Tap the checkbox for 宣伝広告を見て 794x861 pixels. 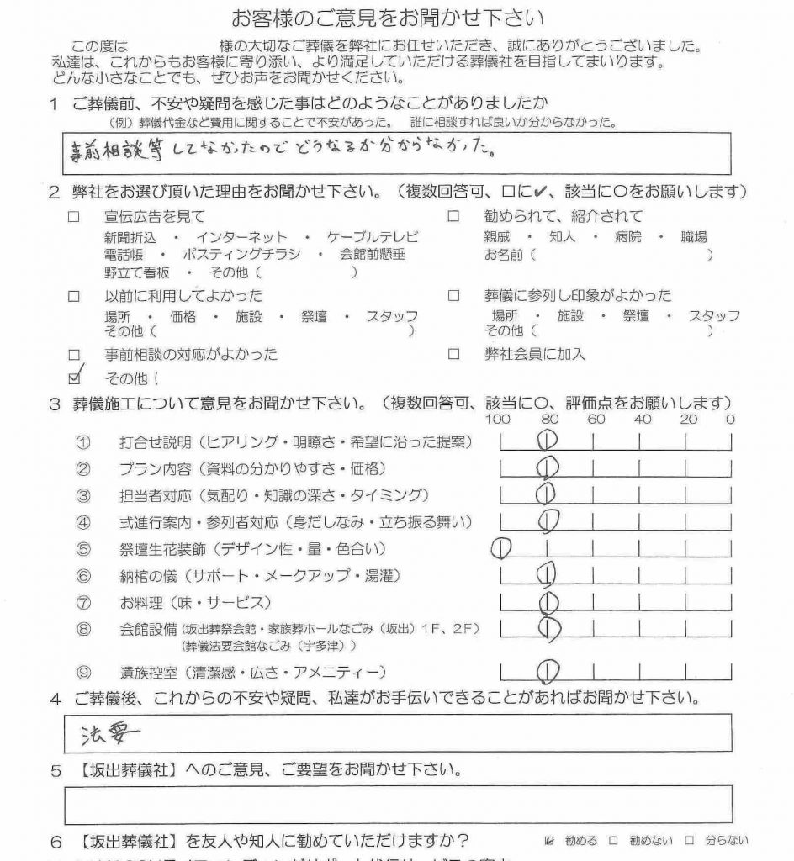(74, 217)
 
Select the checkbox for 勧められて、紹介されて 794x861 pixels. (453, 217)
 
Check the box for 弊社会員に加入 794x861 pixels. (453, 355)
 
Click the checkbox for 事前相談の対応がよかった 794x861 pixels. (74, 355)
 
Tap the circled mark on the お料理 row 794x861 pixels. (548, 602)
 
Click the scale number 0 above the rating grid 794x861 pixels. (729, 419)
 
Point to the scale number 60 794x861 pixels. (596, 419)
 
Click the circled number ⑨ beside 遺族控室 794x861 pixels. (82, 672)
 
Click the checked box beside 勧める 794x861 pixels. (550, 840)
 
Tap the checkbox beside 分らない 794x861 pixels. (689, 840)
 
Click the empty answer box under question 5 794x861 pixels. (397, 804)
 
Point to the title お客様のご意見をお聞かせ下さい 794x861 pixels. (387, 17)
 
